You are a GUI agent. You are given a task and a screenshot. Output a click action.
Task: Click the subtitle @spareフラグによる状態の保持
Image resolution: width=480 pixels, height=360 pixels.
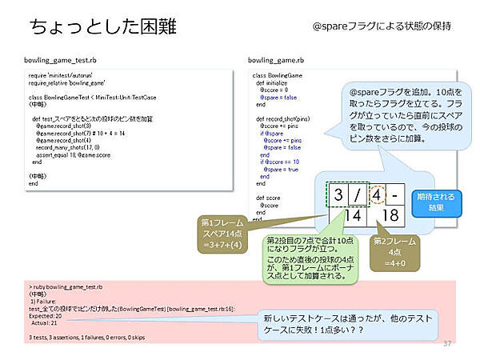pyautogui.click(x=382, y=26)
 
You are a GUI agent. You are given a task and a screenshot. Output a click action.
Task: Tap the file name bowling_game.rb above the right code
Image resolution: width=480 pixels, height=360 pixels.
pyautogui.click(x=275, y=60)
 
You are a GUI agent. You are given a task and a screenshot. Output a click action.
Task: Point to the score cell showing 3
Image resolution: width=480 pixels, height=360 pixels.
pyautogui.click(x=339, y=196)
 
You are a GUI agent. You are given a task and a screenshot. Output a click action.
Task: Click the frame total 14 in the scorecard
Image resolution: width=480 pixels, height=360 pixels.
pyautogui.click(x=350, y=216)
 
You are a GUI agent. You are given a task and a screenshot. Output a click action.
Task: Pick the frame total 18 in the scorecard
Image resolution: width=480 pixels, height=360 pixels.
pyautogui.click(x=386, y=216)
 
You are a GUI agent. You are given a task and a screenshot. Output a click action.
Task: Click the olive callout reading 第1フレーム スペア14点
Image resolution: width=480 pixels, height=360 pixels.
pyautogui.click(x=223, y=233)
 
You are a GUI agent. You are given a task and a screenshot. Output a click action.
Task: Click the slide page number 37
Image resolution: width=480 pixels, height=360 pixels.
pyautogui.click(x=447, y=343)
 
